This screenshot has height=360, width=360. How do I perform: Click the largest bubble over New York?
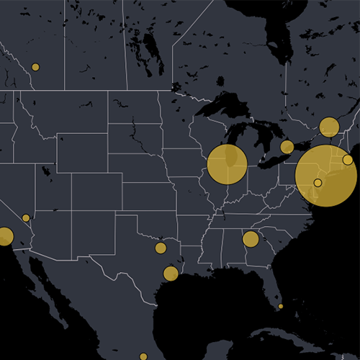click(325, 175)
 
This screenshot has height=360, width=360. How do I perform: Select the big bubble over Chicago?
click(228, 164)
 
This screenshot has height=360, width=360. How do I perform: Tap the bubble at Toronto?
click(287, 147)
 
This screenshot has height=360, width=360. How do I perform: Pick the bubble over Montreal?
click(329, 127)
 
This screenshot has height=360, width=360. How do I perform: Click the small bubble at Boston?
click(348, 159)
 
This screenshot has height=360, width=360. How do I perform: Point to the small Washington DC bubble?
click(318, 182)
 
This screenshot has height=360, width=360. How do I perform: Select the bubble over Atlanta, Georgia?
click(251, 239)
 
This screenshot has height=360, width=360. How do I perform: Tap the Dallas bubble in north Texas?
click(161, 248)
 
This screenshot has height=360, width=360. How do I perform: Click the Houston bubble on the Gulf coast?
click(171, 274)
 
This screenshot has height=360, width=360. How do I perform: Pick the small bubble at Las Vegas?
click(26, 217)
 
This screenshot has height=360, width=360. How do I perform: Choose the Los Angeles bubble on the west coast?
click(5, 236)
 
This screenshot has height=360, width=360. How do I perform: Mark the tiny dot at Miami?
click(281, 306)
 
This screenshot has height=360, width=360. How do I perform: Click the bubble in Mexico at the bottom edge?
click(143, 356)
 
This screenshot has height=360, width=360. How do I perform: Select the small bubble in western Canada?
click(35, 67)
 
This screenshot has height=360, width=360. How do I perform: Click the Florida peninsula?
click(272, 284)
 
